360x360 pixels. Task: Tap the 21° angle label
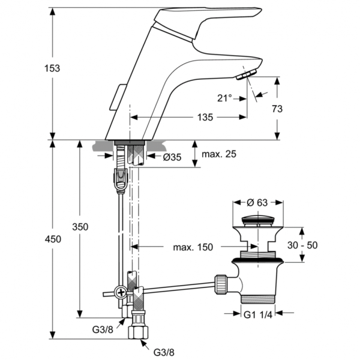coord(225,98)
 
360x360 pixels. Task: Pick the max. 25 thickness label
coord(219,154)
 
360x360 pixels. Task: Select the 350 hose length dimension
coord(80,227)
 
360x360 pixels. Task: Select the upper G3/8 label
coord(102,329)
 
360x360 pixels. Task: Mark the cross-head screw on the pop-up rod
coord(121,293)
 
